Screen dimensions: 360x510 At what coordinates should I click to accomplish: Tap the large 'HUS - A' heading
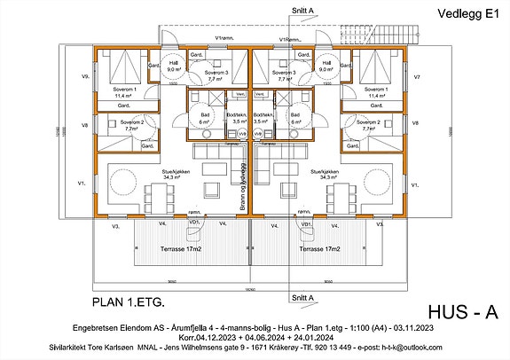pos(463,310)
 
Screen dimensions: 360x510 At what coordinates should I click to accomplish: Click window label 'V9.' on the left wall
pos(86,77)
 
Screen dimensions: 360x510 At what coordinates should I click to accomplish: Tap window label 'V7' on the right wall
pos(417,77)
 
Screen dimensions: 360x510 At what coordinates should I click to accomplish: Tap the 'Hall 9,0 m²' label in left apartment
pos(174,66)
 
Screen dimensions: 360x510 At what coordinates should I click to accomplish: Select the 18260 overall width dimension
pos(251,290)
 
